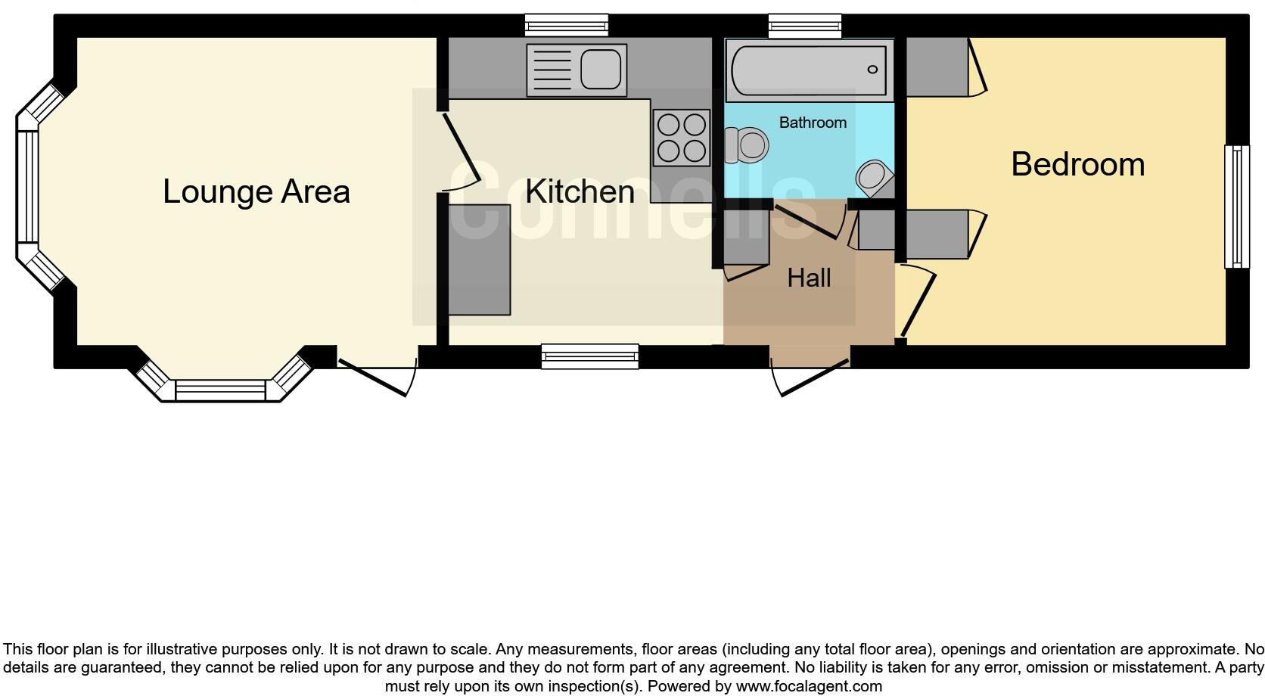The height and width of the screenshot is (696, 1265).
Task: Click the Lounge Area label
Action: [x=256, y=191]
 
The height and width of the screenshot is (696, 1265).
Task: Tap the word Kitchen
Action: [x=580, y=191]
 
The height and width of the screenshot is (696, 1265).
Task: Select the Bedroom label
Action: [x=1077, y=164]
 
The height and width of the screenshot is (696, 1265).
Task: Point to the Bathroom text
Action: [x=813, y=123]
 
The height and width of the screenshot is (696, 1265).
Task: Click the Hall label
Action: [x=809, y=278]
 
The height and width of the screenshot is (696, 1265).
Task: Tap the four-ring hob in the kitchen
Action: [x=682, y=138]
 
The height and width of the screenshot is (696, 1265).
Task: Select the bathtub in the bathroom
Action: [x=808, y=70]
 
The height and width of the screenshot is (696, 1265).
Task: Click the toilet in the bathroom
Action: [x=747, y=144]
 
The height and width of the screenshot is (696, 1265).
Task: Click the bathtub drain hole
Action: [x=872, y=70]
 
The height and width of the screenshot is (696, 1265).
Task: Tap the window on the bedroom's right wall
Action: [x=1236, y=207]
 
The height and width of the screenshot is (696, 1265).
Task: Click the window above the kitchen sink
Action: [x=567, y=26]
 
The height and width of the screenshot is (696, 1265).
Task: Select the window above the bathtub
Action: [x=804, y=26]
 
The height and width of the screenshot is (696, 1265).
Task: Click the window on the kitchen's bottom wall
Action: [x=589, y=356]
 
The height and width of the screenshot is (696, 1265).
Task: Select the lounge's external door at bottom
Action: [x=376, y=376]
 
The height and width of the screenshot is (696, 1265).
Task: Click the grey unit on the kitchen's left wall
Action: [x=479, y=259]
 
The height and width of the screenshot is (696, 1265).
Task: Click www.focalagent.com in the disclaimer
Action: [x=808, y=687]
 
